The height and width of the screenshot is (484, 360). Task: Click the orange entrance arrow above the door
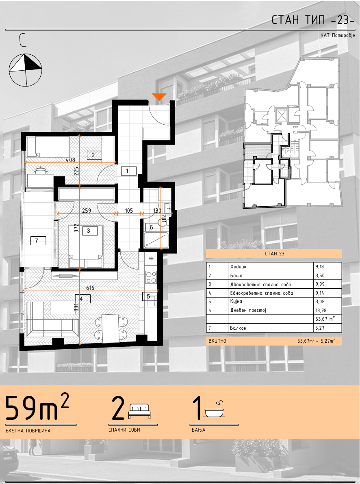tap(160, 97)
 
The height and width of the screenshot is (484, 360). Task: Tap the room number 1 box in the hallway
tap(127, 171)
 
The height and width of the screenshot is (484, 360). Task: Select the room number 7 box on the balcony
tap(37, 240)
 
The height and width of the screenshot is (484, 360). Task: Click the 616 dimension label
tap(90, 288)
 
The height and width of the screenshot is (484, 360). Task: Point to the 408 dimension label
tap(70, 160)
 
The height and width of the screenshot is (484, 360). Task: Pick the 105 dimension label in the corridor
tap(129, 210)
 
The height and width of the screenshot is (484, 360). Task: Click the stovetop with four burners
tap(151, 277)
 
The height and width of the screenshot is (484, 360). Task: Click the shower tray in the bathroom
tap(156, 240)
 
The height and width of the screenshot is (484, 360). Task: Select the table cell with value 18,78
tap(327, 311)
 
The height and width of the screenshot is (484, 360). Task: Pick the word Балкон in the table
tap(238, 328)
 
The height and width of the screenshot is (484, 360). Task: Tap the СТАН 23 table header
tap(274, 253)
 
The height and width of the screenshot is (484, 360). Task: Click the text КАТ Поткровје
tap(337, 35)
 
